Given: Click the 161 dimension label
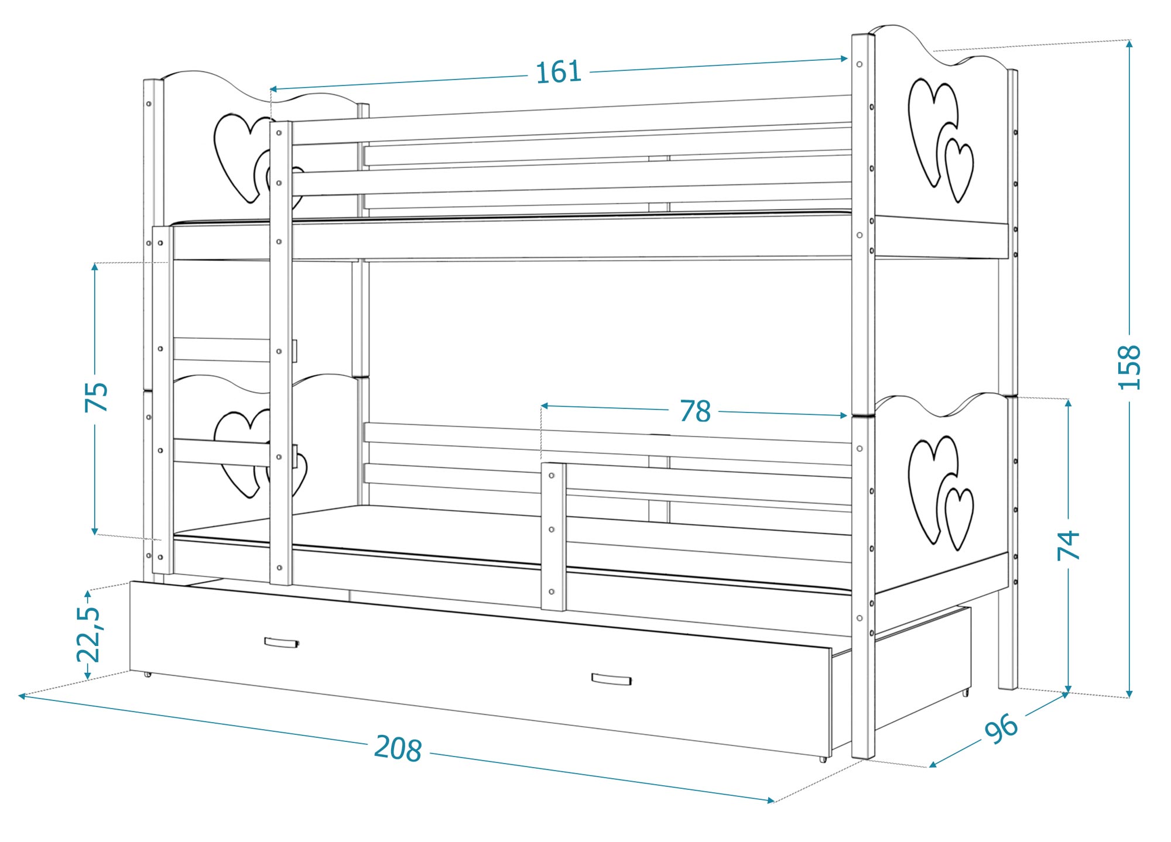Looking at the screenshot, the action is (x=558, y=72).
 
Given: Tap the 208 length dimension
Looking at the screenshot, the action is (x=398, y=748).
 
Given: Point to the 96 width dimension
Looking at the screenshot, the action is (x=1001, y=728).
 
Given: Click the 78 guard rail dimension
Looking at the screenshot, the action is (x=695, y=411).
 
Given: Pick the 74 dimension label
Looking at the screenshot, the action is (x=1069, y=545).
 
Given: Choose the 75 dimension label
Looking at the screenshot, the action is (x=97, y=397).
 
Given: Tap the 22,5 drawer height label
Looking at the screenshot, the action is (x=89, y=634).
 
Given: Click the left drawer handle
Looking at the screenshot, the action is (x=282, y=642).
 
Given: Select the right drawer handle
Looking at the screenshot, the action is (x=611, y=679).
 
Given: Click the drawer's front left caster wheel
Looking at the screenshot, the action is (x=147, y=674).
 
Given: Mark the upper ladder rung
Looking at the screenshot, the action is (x=222, y=350).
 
